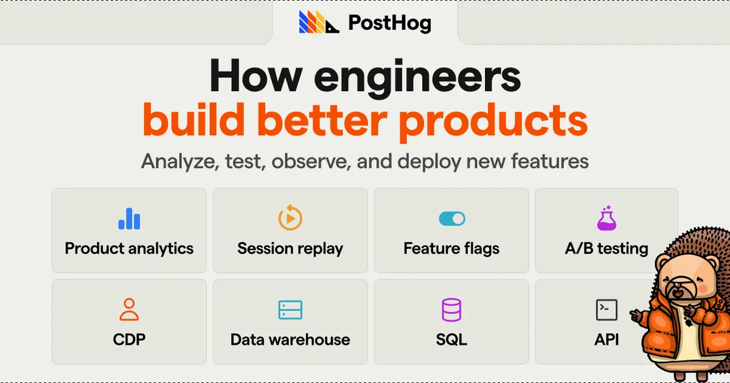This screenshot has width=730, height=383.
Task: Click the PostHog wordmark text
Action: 389,23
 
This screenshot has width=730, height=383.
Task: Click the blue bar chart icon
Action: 129,218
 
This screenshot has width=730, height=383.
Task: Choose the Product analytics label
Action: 129,249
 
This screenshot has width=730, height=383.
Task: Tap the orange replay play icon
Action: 290,218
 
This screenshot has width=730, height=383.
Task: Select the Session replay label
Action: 290,249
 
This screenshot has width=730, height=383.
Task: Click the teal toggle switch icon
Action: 451,218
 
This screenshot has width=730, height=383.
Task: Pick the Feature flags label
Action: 451,249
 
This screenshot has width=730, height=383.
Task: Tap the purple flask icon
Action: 607,218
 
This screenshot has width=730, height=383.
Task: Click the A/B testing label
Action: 607,249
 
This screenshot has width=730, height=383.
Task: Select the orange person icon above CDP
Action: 129,309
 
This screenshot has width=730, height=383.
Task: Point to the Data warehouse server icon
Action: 290,310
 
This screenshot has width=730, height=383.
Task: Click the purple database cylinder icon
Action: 451,310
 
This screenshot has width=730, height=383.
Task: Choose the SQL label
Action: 451,339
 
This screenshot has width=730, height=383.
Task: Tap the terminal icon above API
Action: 607,310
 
